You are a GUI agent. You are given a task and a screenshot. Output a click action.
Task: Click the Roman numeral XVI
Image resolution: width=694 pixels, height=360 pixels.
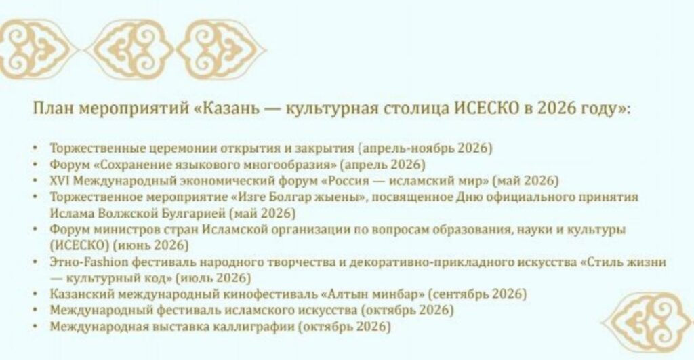coord(60,180)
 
